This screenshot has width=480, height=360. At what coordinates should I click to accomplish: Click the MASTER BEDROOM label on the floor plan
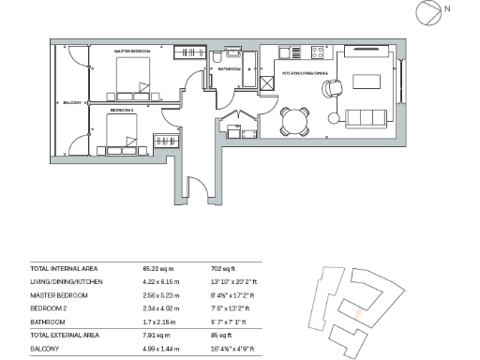(132, 51)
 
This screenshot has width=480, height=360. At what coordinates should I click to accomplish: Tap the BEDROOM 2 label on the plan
(122, 111)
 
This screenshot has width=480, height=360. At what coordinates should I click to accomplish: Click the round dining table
(295, 119)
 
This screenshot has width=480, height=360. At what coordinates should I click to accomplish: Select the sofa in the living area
(366, 119)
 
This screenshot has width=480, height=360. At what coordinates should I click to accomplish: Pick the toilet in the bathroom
(217, 81)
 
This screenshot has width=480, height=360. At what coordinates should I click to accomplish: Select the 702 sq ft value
(222, 269)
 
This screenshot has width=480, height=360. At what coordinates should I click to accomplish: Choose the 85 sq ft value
(221, 335)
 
